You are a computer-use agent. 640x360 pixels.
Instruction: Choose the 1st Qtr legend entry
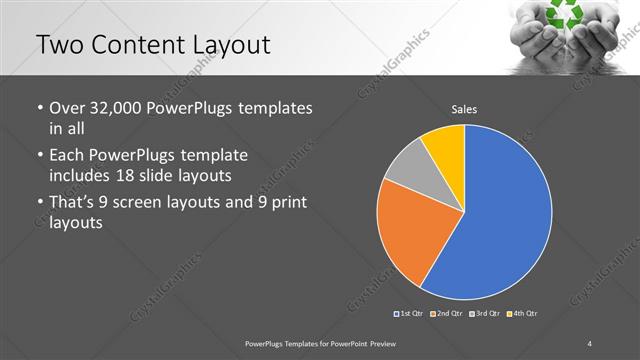pyautogui.click(x=409, y=314)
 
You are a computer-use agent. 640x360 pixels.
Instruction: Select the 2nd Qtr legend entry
pyautogui.click(x=446, y=314)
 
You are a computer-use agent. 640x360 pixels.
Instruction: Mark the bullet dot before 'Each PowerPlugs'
pyautogui.click(x=38, y=156)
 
